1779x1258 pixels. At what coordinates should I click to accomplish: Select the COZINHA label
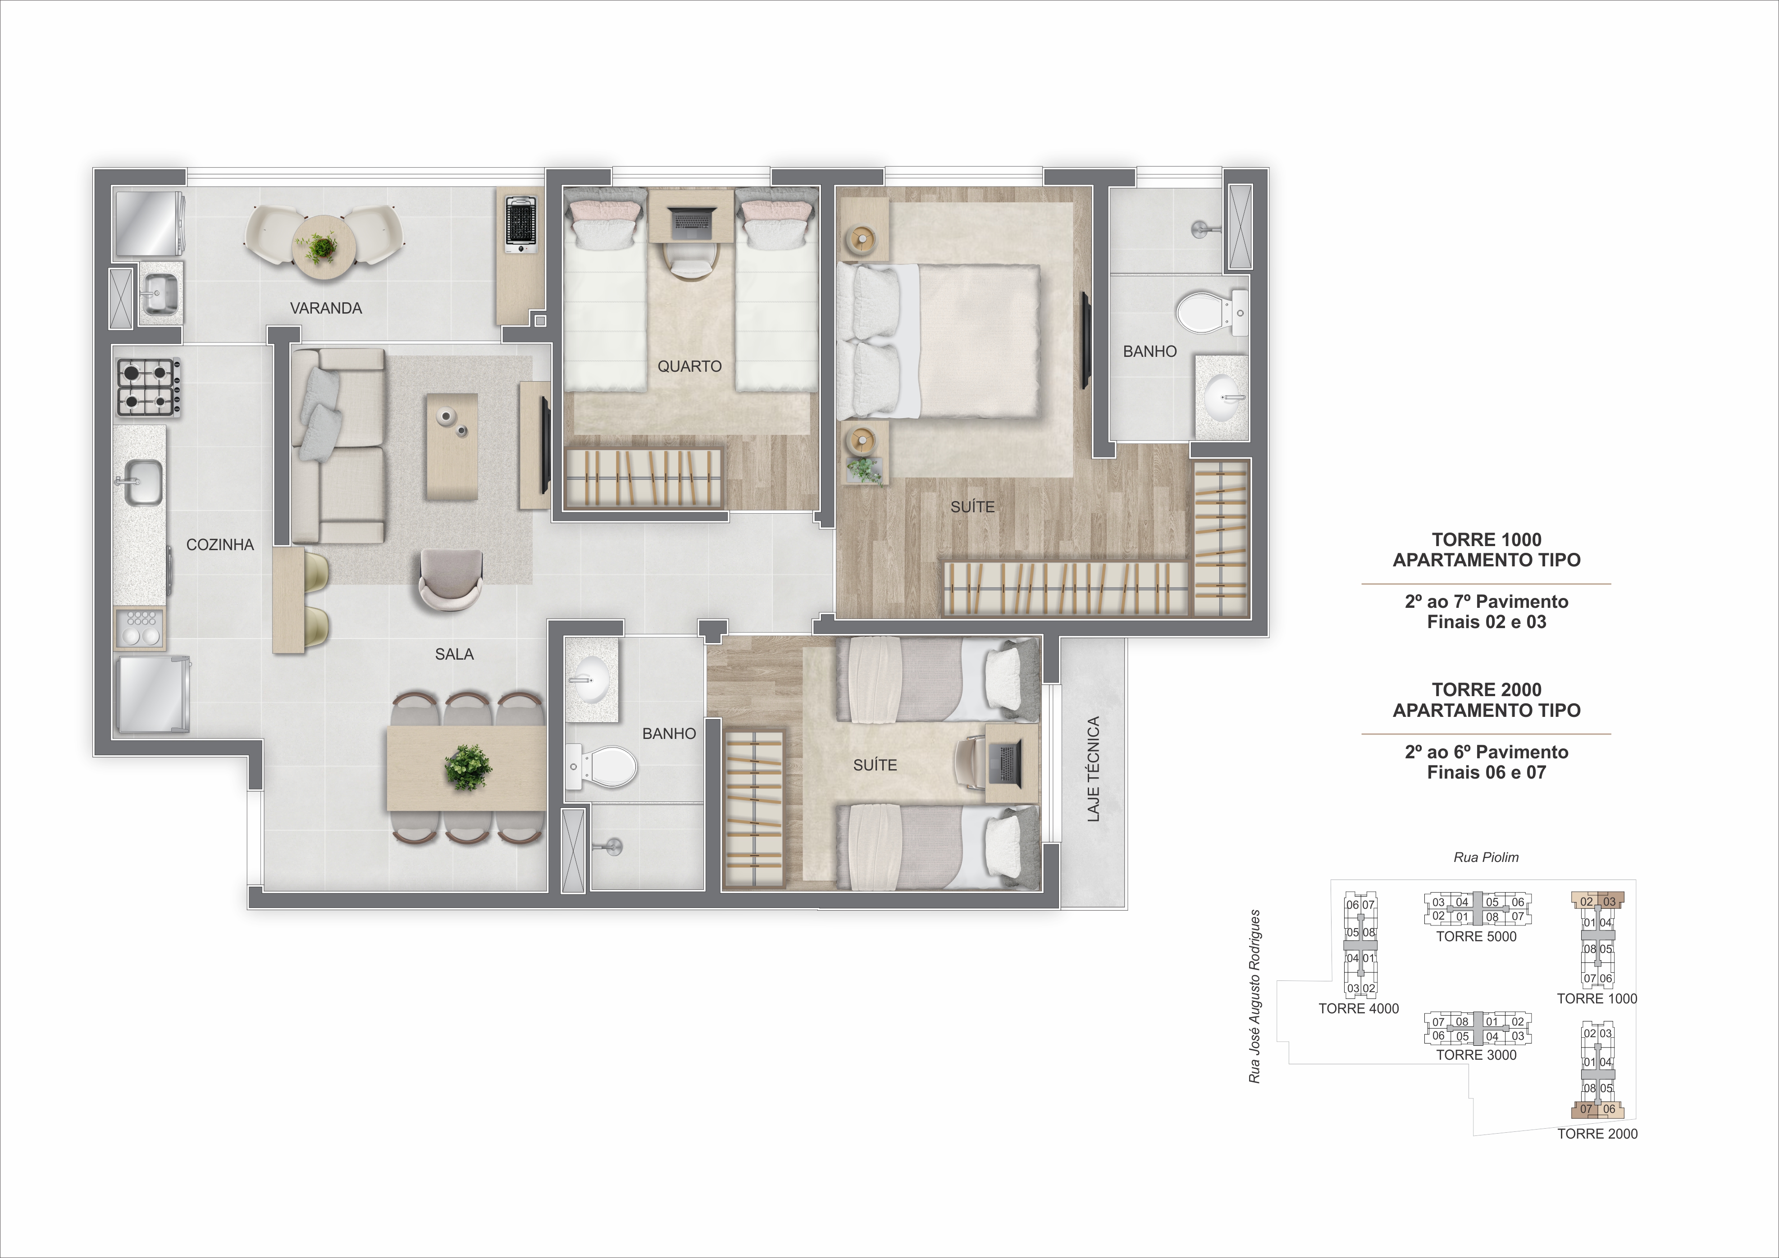(x=220, y=545)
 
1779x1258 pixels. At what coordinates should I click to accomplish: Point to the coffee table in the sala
(x=451, y=447)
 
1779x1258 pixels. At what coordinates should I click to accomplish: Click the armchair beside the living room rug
(x=450, y=579)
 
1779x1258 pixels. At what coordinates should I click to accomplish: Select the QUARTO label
(x=689, y=366)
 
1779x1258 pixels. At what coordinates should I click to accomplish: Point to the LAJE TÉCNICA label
(x=1093, y=769)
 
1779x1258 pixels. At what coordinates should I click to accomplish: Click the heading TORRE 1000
(x=1486, y=540)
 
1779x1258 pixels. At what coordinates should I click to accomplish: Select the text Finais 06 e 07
(x=1486, y=772)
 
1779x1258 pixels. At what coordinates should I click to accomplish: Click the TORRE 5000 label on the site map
(x=1476, y=937)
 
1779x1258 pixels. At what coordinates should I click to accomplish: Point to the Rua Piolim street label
(x=1485, y=857)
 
